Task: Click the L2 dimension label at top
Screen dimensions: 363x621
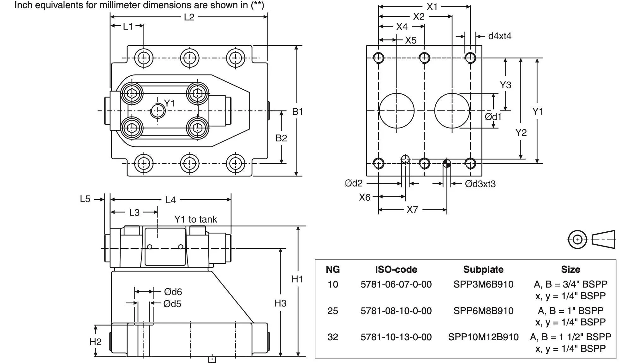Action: click(x=189, y=17)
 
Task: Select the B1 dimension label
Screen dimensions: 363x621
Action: click(x=297, y=111)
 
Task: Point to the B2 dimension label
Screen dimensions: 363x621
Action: click(x=281, y=138)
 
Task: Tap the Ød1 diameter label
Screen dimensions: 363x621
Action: click(x=493, y=117)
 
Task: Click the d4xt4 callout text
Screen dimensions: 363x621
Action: click(x=499, y=36)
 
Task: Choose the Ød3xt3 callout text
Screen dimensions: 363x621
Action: click(x=480, y=184)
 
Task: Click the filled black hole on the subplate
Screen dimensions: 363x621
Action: click(x=446, y=164)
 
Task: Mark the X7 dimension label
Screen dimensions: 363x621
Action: click(x=412, y=210)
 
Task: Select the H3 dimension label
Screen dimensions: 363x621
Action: click(x=280, y=303)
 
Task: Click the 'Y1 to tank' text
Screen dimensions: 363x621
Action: click(x=195, y=219)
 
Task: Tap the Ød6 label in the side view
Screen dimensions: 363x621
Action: click(x=173, y=292)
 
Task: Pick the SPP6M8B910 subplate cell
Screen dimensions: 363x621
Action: click(x=483, y=311)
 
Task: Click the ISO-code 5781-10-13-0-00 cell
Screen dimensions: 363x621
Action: click(x=396, y=337)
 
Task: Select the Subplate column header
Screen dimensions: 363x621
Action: click(x=483, y=269)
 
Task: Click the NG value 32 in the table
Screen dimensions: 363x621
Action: click(x=333, y=337)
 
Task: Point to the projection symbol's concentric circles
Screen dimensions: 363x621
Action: click(x=577, y=240)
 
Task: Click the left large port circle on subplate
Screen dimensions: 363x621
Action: click(x=396, y=111)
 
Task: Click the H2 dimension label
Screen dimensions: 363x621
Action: click(x=95, y=342)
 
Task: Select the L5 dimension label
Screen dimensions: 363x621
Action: click(x=85, y=199)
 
